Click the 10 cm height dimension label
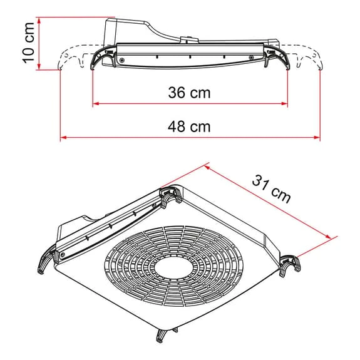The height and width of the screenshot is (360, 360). click(x=29, y=43)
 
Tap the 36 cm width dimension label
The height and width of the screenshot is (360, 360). click(x=189, y=93)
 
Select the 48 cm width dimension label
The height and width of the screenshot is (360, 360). click(x=189, y=126)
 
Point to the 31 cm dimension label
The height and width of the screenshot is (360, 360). click(x=272, y=189)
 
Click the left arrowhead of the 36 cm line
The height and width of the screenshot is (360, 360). click(x=96, y=104)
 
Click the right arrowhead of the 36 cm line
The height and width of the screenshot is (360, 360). click(x=285, y=104)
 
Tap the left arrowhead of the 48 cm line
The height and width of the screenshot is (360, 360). click(x=63, y=138)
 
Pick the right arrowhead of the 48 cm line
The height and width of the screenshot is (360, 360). click(x=317, y=138)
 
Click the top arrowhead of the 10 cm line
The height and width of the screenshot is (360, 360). click(x=39, y=21)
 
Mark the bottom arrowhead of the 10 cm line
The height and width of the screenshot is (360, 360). click(x=39, y=66)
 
